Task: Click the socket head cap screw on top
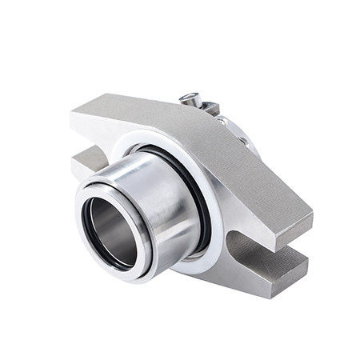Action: click(x=190, y=99)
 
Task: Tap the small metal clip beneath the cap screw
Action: click(x=210, y=108)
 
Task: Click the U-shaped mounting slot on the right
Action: click(x=248, y=240)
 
